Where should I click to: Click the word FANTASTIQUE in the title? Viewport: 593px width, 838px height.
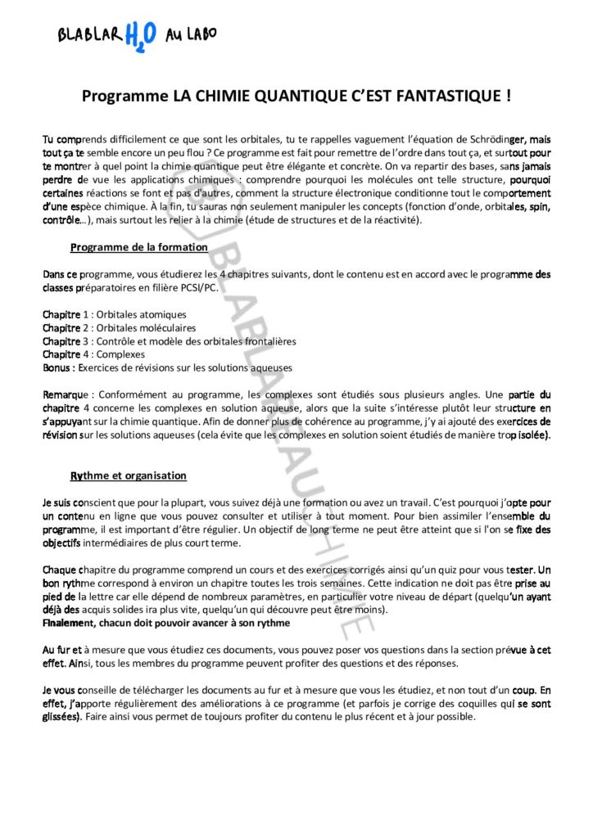tap(447, 97)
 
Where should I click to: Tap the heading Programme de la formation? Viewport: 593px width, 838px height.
tap(138, 247)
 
